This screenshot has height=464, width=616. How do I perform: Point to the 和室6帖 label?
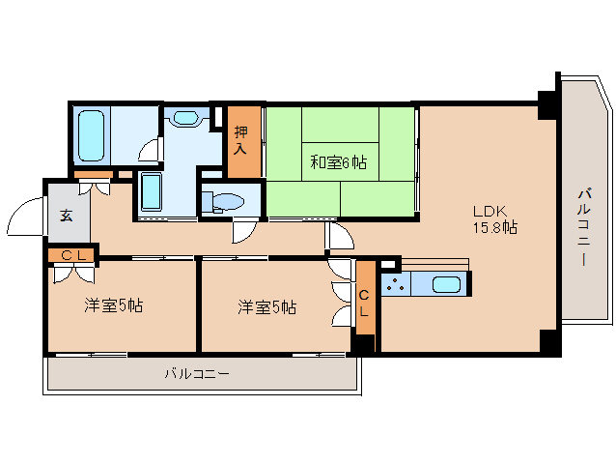[337, 161]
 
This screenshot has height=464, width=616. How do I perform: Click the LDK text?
[489, 211]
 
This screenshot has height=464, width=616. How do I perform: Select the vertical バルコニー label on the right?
[584, 228]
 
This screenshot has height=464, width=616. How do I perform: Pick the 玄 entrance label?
[66, 216]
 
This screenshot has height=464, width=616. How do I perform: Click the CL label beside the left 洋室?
[72, 255]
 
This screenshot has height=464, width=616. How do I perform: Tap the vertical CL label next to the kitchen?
[364, 304]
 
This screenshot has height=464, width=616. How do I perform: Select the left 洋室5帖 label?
[113, 306]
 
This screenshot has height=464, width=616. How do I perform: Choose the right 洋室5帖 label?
[266, 307]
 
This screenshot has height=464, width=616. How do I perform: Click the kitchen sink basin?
[446, 284]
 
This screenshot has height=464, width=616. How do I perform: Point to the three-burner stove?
[395, 284]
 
